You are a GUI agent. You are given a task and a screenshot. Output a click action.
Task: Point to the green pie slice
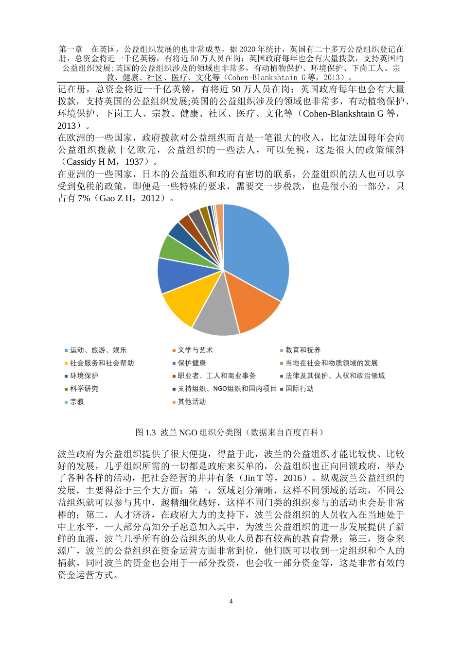(173, 247)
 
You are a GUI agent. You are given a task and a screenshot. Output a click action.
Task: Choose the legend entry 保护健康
(192, 363)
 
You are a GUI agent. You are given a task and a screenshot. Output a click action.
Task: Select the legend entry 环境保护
(84, 376)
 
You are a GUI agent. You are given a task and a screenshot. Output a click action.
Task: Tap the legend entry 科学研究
(84, 389)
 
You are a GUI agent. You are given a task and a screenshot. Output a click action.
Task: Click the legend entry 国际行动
(299, 389)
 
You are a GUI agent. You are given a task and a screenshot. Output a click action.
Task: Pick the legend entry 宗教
(77, 402)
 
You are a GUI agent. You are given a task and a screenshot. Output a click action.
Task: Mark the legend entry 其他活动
(192, 402)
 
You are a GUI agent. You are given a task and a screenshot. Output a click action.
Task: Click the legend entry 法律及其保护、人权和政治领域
(335, 376)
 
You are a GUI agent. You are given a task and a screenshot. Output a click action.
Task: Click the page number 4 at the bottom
(231, 601)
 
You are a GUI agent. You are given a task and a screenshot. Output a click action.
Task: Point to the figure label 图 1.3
(146, 432)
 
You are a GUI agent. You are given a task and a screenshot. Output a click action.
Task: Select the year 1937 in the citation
(134, 162)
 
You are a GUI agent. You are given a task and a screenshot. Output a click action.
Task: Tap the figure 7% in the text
(84, 198)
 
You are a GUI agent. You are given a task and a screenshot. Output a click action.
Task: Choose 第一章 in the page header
(71, 49)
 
